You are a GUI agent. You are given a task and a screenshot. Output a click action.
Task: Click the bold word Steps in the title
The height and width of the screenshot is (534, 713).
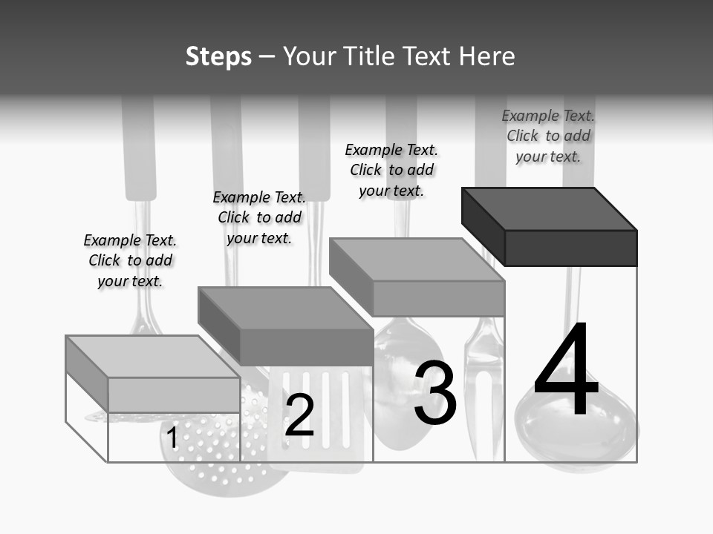218,56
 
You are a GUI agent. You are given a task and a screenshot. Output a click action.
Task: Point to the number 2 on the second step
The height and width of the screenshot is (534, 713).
299,415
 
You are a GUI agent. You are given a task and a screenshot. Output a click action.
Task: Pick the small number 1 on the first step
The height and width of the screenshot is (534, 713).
172,438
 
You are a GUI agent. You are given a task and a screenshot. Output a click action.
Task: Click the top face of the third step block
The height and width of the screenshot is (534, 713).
416,260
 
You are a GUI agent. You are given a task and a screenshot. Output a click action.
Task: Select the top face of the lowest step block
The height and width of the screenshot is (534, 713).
152,357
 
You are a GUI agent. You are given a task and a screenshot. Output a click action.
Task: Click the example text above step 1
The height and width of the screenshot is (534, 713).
130,260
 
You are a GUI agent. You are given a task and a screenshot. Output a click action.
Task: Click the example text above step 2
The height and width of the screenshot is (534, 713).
259,217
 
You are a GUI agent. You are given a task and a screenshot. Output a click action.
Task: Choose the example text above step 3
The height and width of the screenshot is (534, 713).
391,170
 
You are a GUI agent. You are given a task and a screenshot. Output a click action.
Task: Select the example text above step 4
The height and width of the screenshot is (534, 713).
548,136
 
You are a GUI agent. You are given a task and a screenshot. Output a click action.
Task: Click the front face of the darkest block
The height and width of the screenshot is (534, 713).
570,248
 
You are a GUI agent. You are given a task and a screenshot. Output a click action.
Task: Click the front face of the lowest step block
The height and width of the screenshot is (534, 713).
174,395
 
